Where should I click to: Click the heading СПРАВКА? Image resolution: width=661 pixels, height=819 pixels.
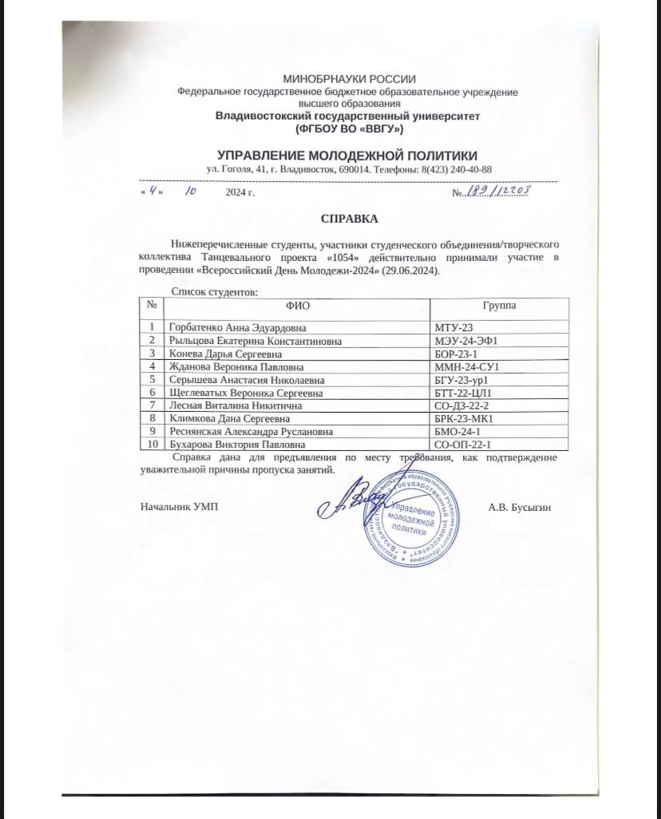349,218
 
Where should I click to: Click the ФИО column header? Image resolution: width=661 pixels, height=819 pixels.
296,306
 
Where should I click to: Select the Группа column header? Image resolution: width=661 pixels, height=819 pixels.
498,306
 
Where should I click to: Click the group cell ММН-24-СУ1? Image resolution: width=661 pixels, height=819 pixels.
466,366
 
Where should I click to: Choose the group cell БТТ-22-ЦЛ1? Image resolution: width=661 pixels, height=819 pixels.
463,392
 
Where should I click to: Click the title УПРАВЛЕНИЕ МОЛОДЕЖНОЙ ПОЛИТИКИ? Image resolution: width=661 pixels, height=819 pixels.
348,155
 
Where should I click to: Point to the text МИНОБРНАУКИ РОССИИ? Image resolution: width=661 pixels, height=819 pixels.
350,78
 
